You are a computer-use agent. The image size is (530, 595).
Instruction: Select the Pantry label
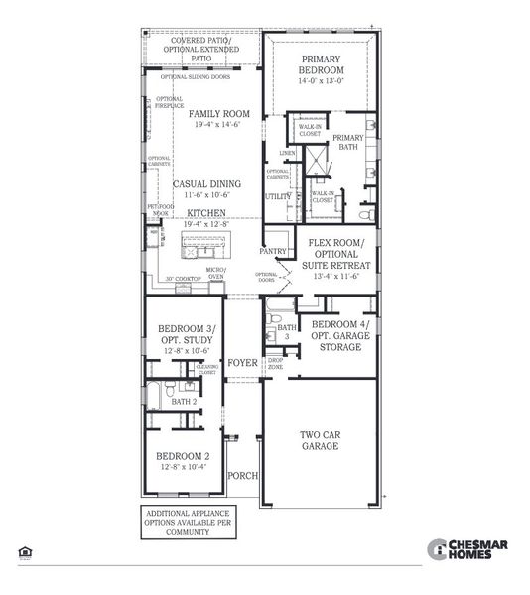pos(273,252)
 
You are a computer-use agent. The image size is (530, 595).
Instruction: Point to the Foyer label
pos(242,363)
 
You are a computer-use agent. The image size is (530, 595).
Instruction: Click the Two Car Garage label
pos(322,440)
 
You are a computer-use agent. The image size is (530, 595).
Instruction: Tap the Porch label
pos(243,476)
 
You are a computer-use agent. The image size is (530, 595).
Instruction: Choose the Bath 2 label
pos(184,402)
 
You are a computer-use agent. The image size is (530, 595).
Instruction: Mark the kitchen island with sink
pos(209,246)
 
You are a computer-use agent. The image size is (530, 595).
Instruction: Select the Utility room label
pos(277,197)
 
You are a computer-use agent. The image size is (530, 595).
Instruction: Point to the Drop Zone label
pos(276,363)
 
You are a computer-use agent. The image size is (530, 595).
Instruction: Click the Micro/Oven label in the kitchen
pos(215,274)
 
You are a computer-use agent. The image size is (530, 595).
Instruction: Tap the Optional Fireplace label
pos(169,103)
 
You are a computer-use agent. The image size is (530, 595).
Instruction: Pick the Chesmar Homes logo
pos(467,548)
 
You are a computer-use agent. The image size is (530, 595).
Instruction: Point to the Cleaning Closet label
pos(208,369)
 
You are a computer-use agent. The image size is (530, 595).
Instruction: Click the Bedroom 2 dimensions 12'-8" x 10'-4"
pos(184,466)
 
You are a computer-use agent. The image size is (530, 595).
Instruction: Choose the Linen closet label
pos(288,153)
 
